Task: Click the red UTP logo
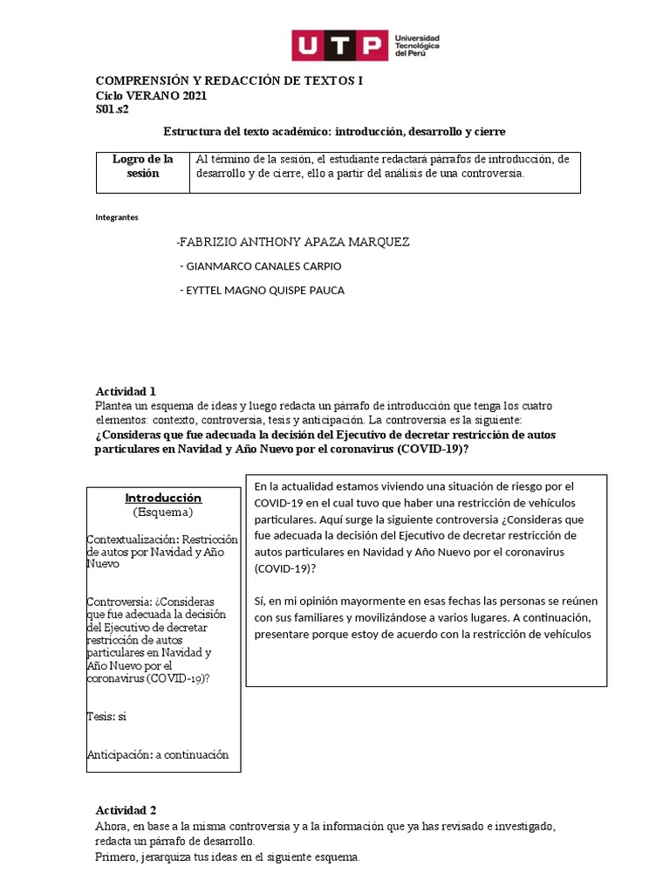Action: tap(338, 45)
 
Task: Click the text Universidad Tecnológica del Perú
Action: tap(417, 45)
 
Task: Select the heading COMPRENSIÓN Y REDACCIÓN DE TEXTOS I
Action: tap(229, 80)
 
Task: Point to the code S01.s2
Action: tap(113, 110)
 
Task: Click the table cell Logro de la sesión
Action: tap(143, 166)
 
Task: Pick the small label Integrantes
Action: tap(116, 217)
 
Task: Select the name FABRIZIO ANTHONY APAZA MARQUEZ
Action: tap(292, 242)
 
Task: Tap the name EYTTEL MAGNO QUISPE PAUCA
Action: tap(262, 291)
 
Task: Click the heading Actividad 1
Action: tap(126, 391)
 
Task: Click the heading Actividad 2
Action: tap(126, 810)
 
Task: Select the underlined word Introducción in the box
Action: tap(163, 498)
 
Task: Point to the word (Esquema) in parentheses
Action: tap(163, 512)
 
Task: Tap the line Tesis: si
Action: tap(106, 716)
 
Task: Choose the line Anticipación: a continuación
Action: tap(158, 754)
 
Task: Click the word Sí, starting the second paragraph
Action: tap(260, 602)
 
